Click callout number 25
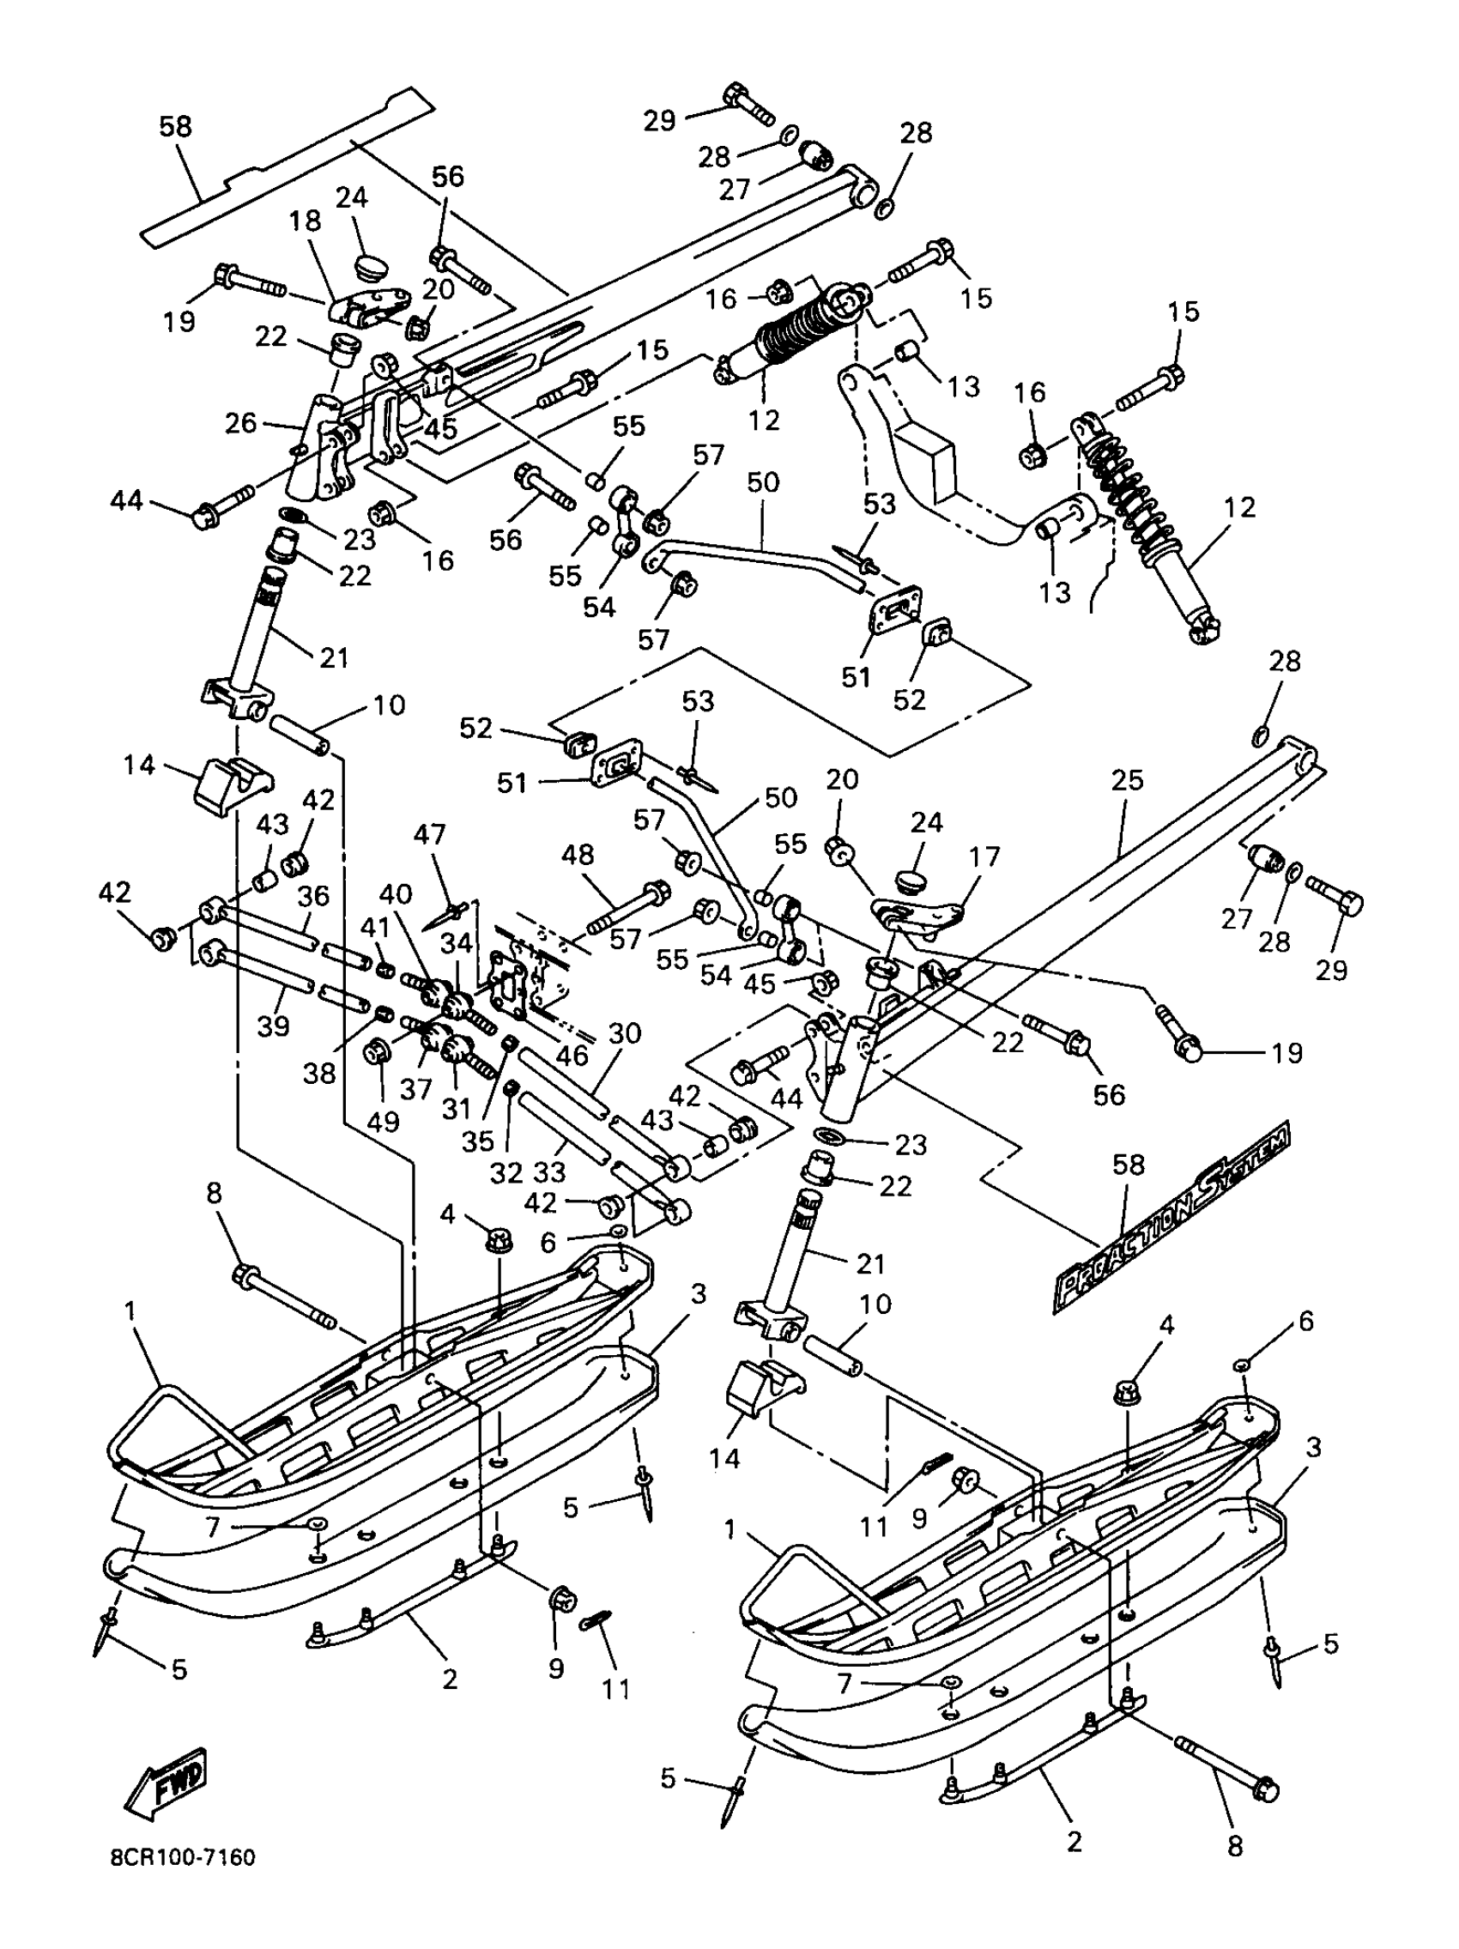[x=1127, y=780]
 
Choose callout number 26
[x=240, y=423]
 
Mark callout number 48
[x=578, y=855]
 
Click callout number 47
[x=430, y=833]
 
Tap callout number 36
[x=313, y=895]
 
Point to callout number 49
[x=383, y=1122]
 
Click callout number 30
[x=625, y=1032]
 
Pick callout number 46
[x=572, y=1055]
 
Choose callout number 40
[x=396, y=893]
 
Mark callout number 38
[x=320, y=1072]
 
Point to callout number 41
[x=374, y=927]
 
